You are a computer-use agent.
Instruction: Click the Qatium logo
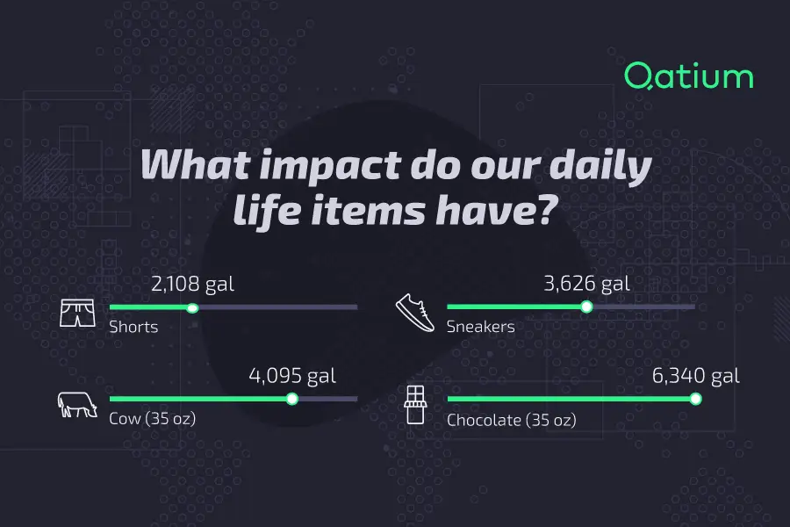688,77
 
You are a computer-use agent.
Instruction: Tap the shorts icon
76,313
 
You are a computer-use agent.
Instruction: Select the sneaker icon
415,312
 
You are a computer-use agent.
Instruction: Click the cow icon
76,404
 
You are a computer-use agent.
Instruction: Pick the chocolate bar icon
415,404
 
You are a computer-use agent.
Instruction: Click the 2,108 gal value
192,284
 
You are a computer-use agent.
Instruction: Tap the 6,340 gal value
695,376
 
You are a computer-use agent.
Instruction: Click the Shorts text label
133,328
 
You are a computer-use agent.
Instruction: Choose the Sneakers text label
480,328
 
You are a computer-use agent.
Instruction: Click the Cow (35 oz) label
152,419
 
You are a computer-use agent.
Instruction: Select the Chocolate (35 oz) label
511,420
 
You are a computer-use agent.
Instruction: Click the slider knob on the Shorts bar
193,307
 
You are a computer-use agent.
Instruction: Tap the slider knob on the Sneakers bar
586,307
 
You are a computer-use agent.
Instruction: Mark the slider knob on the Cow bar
292,399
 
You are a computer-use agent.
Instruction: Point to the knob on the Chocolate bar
695,399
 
